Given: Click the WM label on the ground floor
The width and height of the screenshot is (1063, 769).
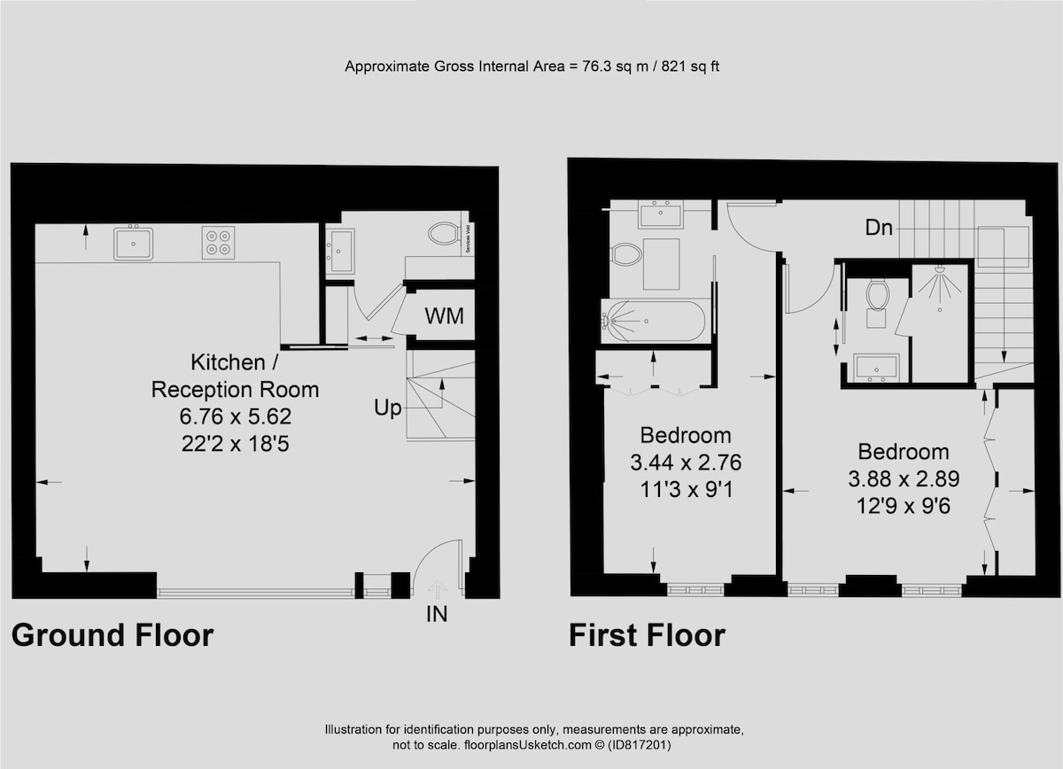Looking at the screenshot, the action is click(x=444, y=316).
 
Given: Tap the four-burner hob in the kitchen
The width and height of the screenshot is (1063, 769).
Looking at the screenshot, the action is click(x=218, y=243).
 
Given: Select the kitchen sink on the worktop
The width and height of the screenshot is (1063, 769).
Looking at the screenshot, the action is click(x=134, y=244).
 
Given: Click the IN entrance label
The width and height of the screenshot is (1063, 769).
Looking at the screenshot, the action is click(x=437, y=614).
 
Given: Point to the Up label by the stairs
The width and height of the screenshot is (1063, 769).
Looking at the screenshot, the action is click(x=388, y=408).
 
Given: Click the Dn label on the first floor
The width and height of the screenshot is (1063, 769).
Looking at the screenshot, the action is click(x=879, y=228).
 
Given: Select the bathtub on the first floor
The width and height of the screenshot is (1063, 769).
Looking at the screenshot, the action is click(x=656, y=321).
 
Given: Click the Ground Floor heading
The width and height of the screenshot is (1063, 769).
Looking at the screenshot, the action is click(x=113, y=635).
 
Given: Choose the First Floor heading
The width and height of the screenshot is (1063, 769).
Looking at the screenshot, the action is click(x=647, y=635).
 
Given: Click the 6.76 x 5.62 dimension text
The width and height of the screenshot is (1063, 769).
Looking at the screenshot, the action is click(x=236, y=416).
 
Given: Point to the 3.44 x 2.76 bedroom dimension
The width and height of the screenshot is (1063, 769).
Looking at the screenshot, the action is click(x=686, y=462).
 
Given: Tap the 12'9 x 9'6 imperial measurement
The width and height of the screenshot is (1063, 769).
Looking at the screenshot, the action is click(x=904, y=506).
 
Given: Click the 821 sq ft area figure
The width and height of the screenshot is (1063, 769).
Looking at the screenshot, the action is click(x=690, y=66).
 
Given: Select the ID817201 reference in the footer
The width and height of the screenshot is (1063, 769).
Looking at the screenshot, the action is click(x=640, y=745).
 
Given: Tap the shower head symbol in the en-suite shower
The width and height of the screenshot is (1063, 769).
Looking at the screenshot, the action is click(x=940, y=269).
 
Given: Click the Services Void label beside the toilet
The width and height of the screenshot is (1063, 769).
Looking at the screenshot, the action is click(x=468, y=237).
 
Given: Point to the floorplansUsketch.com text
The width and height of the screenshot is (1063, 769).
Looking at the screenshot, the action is click(x=527, y=745).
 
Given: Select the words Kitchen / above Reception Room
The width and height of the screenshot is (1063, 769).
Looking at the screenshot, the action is click(x=235, y=362).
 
